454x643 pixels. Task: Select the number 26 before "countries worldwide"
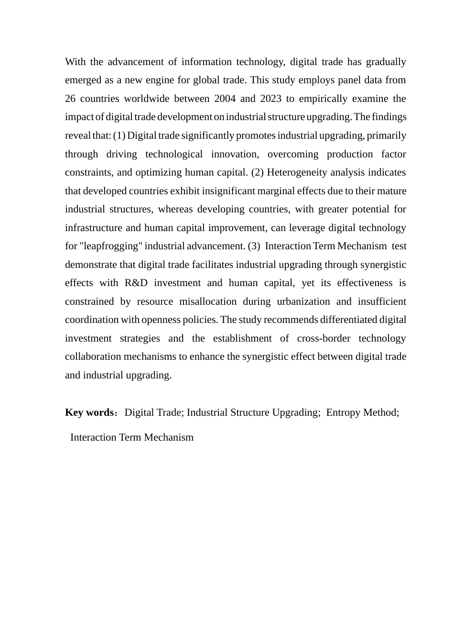71,99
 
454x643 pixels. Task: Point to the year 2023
270,99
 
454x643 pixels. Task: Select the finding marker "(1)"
119,135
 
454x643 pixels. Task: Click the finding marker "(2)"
258,172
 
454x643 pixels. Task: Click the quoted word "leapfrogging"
110,246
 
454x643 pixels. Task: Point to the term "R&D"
136,283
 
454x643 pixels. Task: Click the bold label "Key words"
89,412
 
